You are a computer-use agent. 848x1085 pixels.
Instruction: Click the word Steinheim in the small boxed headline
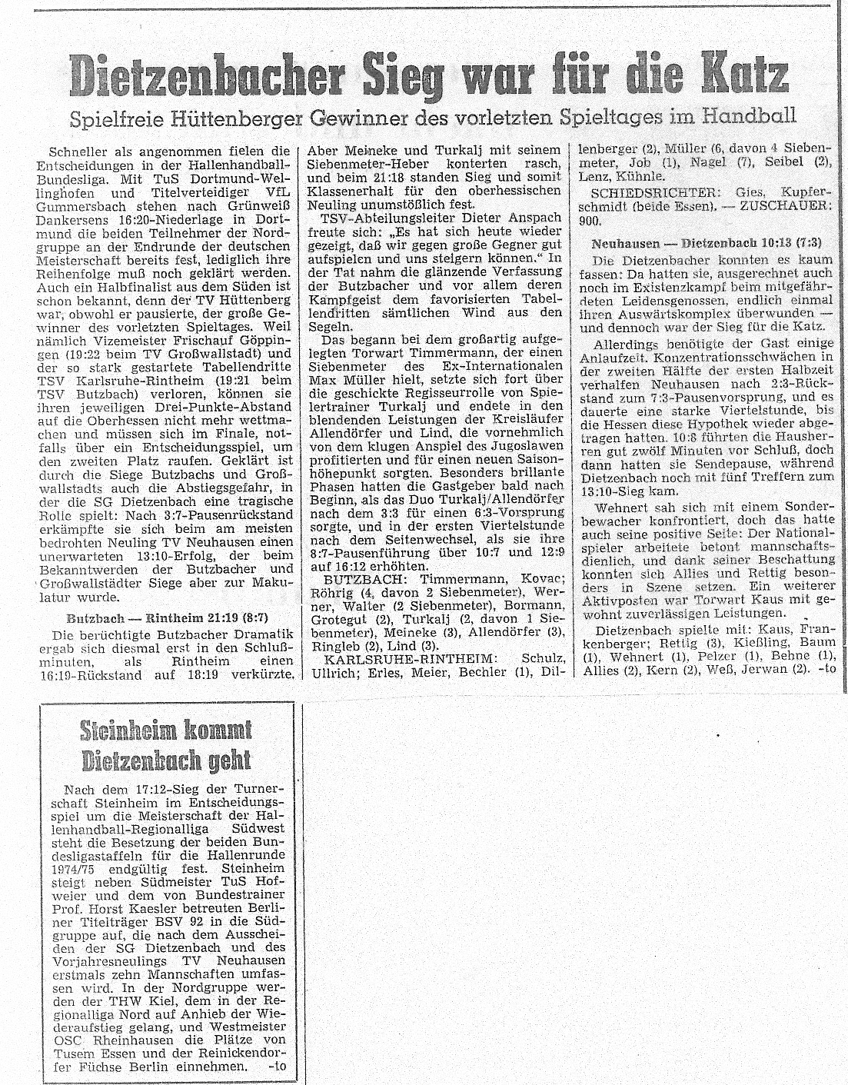click(x=128, y=731)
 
